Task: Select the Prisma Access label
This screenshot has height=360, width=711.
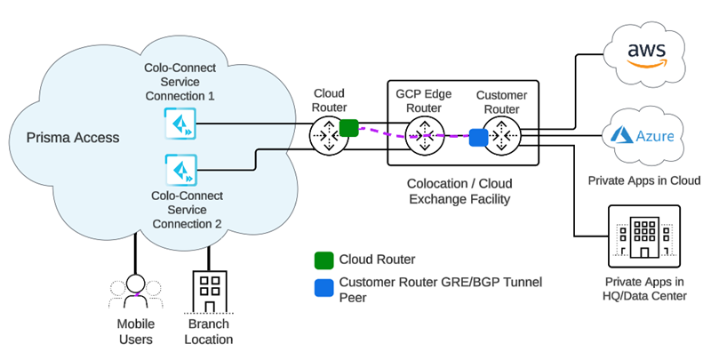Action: (x=72, y=138)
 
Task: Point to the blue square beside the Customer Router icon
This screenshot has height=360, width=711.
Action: (x=478, y=137)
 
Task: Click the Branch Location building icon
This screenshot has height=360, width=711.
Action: (x=210, y=291)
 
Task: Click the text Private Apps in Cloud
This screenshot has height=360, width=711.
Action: (x=644, y=180)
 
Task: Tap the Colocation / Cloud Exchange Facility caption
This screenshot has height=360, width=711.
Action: (x=459, y=191)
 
